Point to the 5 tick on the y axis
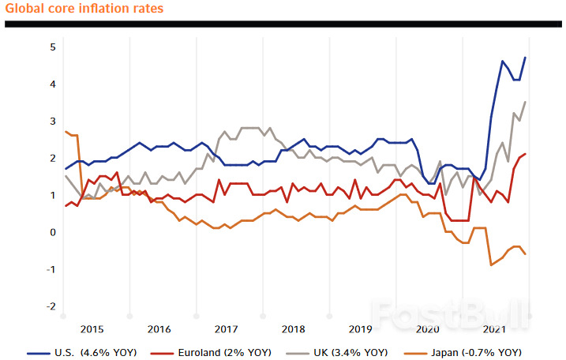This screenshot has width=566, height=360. [x=53, y=47]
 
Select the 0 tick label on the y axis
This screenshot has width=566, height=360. [x=53, y=232]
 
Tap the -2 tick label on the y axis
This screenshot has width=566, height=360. [x=51, y=306]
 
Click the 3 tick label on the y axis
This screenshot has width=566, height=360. [x=53, y=121]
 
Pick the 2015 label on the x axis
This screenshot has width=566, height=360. [x=92, y=328]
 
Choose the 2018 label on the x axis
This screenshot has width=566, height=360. [x=293, y=328]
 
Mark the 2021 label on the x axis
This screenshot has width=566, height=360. [x=494, y=328]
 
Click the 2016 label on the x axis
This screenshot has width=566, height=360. [x=159, y=328]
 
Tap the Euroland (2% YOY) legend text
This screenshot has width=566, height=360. [x=210, y=352]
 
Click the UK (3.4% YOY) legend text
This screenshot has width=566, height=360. [x=350, y=352]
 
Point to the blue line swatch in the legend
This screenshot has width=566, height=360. [x=39, y=352]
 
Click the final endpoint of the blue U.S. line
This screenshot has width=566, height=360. [x=526, y=57]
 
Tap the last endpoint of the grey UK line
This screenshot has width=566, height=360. [x=526, y=102]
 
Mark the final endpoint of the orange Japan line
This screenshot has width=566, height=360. [x=526, y=253]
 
